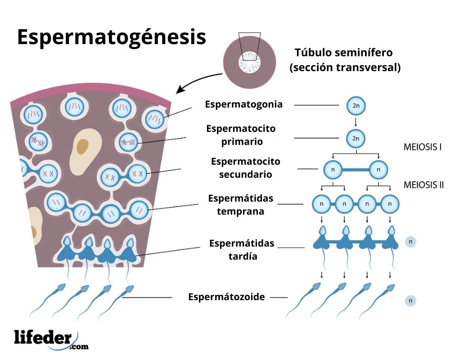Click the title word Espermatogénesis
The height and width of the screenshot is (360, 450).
click(111, 37)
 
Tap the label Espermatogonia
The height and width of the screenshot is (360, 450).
click(243, 104)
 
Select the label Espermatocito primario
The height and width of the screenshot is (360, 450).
click(241, 135)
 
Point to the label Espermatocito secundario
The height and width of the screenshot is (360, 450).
click(245, 168)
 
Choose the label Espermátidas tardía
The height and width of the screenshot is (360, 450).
click(241, 250)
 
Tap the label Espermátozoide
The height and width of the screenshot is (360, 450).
click(226, 297)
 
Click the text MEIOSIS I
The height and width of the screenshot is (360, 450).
click(422, 147)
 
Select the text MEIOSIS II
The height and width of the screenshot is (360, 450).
click(423, 184)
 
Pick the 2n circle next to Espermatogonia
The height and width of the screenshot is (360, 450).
click(355, 106)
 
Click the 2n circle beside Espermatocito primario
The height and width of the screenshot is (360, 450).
click(355, 138)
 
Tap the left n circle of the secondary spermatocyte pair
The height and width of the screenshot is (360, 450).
click(333, 170)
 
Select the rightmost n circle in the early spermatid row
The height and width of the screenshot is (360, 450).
click(390, 204)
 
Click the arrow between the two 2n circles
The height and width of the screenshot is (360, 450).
click(355, 122)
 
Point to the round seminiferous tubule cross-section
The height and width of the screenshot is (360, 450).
click(250, 63)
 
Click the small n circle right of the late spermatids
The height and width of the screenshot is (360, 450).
click(410, 242)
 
